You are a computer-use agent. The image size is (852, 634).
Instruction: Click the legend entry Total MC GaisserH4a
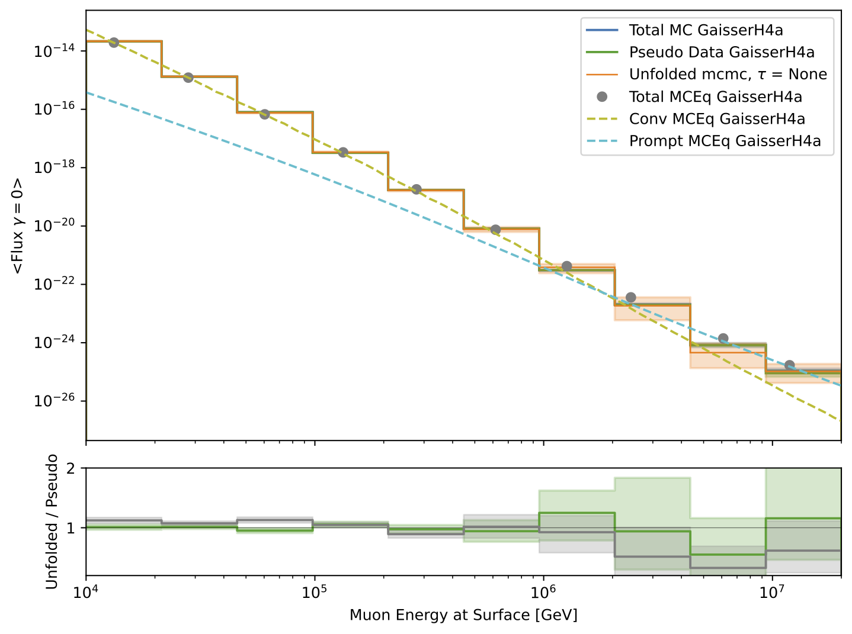[706, 30]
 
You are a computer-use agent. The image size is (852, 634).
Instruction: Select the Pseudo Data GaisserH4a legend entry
[721, 52]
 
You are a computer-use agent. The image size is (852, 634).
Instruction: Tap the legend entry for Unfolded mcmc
[728, 74]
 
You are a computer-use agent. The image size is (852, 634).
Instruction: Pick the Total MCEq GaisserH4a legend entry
[715, 96]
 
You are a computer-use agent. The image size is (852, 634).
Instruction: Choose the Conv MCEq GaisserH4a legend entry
[717, 119]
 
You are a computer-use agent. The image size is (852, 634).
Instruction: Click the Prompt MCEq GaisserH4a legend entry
[725, 141]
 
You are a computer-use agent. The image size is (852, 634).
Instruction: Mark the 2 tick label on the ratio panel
[71, 468]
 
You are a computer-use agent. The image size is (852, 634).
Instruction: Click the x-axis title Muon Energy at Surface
[463, 615]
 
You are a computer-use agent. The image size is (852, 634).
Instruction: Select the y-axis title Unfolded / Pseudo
[52, 522]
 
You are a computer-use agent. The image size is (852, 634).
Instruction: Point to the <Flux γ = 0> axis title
[18, 226]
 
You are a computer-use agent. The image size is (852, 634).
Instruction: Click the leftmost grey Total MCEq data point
[114, 43]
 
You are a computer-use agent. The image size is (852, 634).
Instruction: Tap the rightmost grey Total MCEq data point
[789, 365]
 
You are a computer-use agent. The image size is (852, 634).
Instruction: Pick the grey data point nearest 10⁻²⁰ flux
[495, 230]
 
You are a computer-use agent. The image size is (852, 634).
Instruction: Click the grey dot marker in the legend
[602, 96]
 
